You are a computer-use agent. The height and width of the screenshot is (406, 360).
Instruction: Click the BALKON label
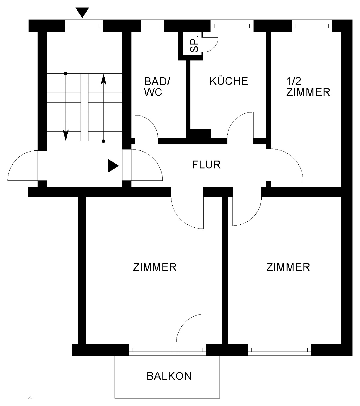[x=169, y=376]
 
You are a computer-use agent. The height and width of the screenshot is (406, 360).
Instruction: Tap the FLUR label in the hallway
[x=206, y=165]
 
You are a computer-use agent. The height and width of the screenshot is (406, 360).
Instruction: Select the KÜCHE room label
[x=229, y=81]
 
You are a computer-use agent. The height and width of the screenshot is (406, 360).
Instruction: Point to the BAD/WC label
[x=157, y=87]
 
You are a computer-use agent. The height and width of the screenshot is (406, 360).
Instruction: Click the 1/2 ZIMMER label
[x=308, y=87]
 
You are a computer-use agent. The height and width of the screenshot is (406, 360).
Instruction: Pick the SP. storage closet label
[x=194, y=44]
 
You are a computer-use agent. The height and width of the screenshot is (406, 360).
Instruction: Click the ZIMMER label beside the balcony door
[x=155, y=267]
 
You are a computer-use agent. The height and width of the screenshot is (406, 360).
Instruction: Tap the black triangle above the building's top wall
[x=82, y=13]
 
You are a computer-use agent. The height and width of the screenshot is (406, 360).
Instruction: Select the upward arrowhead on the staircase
[x=103, y=80]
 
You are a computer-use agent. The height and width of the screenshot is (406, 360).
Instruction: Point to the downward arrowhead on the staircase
[x=66, y=135]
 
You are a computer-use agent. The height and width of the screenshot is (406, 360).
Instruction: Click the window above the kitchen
[x=232, y=26]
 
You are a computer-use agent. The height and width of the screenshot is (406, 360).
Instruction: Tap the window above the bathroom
[x=152, y=26]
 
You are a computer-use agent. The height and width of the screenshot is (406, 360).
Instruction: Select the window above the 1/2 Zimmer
[x=312, y=26]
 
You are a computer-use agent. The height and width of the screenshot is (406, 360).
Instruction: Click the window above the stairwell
[x=84, y=26]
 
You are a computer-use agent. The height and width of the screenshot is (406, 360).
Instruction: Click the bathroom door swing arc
[x=151, y=121]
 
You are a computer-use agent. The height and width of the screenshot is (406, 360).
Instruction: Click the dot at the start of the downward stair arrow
[x=66, y=74]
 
